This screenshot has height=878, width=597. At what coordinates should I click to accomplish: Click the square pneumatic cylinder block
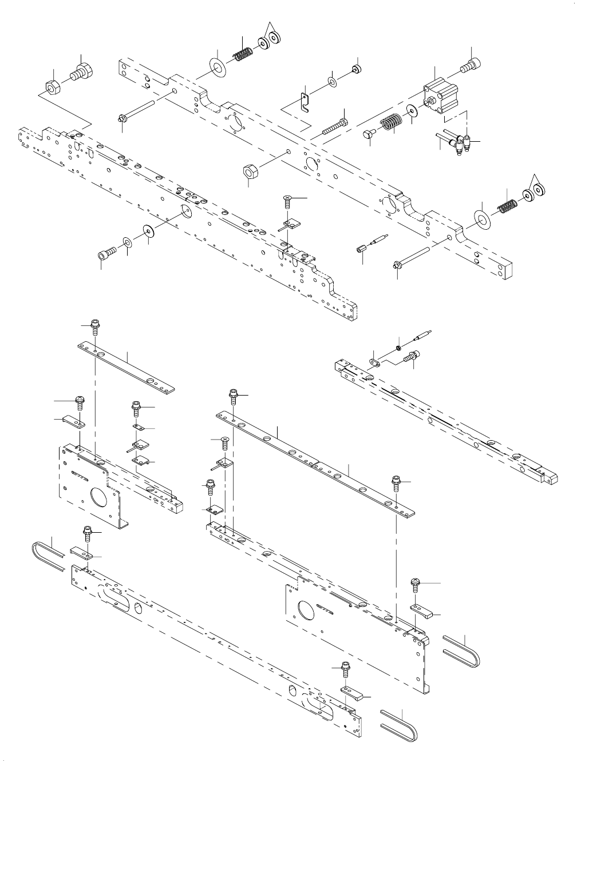(441, 96)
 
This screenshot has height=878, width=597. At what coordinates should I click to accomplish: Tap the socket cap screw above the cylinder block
(471, 67)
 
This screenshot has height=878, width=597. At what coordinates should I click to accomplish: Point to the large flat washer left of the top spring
(218, 65)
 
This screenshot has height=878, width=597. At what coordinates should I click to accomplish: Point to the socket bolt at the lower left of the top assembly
(106, 252)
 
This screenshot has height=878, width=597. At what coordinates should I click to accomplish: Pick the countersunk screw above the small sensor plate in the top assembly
(288, 200)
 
